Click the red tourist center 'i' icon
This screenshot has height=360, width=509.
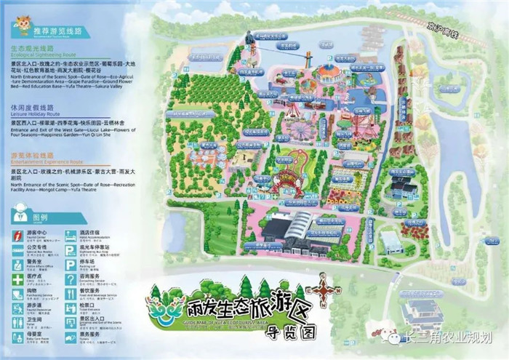[18, 234]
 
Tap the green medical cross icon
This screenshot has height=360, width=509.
[18, 276]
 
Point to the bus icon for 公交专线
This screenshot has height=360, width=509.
[18, 248]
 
